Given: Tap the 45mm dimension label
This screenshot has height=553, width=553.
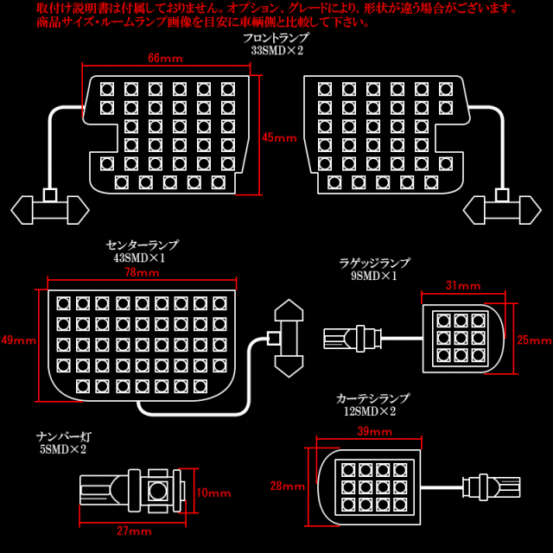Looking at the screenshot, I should [279, 137].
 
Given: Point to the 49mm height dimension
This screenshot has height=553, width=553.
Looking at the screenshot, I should [19, 340].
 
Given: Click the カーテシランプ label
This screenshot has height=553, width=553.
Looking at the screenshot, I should [372, 399].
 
